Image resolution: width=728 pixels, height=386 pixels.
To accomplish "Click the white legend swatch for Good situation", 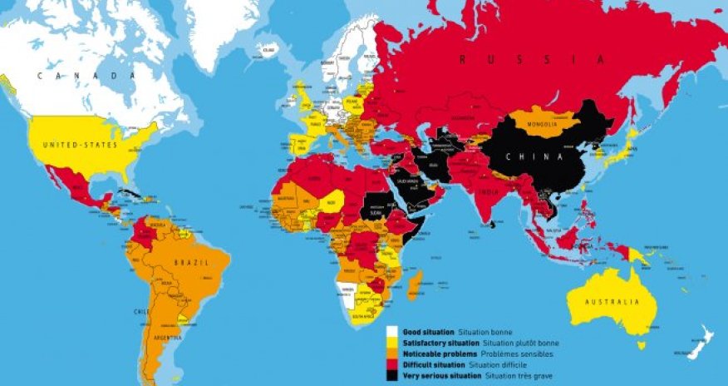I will coord(389,331).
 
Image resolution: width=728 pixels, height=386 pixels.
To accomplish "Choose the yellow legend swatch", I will coord(389,343).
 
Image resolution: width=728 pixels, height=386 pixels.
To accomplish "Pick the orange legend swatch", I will coord(389,354).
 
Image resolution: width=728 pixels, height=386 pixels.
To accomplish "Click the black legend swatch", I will coord(389,377).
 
